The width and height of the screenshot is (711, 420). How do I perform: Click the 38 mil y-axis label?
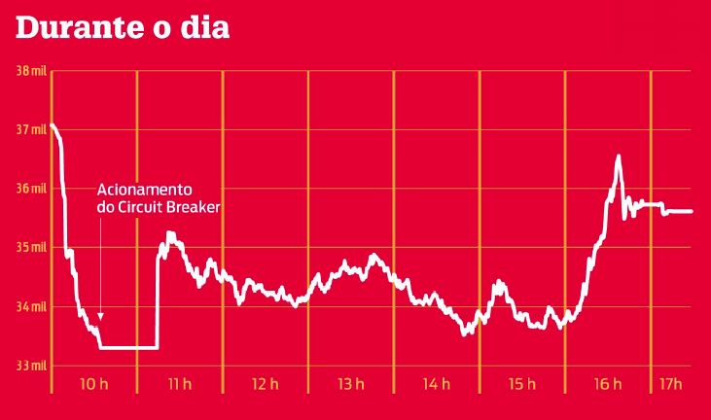click(31, 72)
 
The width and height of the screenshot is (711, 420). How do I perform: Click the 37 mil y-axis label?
click(31, 129)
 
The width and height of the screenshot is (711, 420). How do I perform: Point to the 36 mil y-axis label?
click(31, 189)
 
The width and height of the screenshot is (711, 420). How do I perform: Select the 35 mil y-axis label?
click(31, 247)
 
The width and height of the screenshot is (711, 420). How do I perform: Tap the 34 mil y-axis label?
click(31, 306)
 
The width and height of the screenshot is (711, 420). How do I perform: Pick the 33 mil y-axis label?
click(31, 366)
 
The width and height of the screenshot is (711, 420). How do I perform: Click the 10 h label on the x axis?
click(93, 384)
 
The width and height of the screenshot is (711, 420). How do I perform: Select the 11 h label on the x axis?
click(179, 384)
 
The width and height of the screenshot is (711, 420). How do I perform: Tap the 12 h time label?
click(265, 384)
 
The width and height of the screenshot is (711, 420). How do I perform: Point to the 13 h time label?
click(350, 384)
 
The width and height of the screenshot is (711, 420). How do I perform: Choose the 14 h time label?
click(436, 384)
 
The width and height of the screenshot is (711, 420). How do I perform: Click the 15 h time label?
click(521, 384)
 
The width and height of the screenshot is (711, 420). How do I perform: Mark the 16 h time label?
click(607, 384)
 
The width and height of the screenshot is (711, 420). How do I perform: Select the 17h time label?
click(668, 384)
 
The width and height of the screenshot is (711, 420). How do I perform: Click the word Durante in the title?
click(76, 28)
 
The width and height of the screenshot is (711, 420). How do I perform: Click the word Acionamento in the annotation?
click(145, 190)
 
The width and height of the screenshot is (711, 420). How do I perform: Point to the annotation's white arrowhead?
click(100, 316)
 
